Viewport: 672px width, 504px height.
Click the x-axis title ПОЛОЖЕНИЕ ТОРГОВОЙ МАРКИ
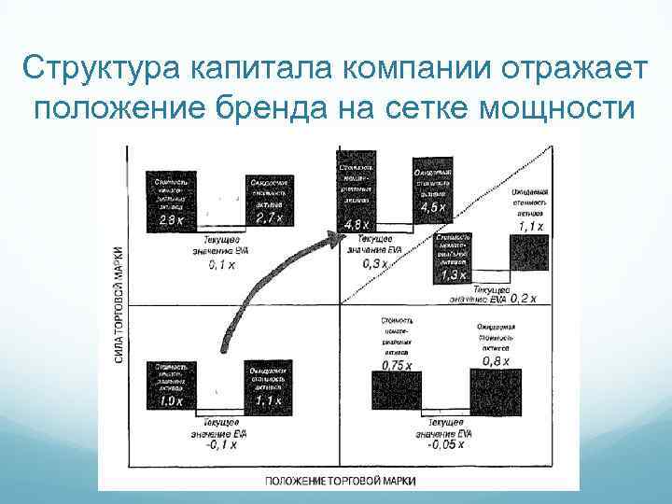(339, 481)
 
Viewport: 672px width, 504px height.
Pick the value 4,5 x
(434, 208)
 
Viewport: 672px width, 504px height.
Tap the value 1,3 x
(455, 275)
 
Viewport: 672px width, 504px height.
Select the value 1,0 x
(169, 399)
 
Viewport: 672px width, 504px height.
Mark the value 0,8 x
(495, 360)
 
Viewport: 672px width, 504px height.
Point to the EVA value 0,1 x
(221, 264)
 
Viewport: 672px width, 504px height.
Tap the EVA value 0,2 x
(529, 298)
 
